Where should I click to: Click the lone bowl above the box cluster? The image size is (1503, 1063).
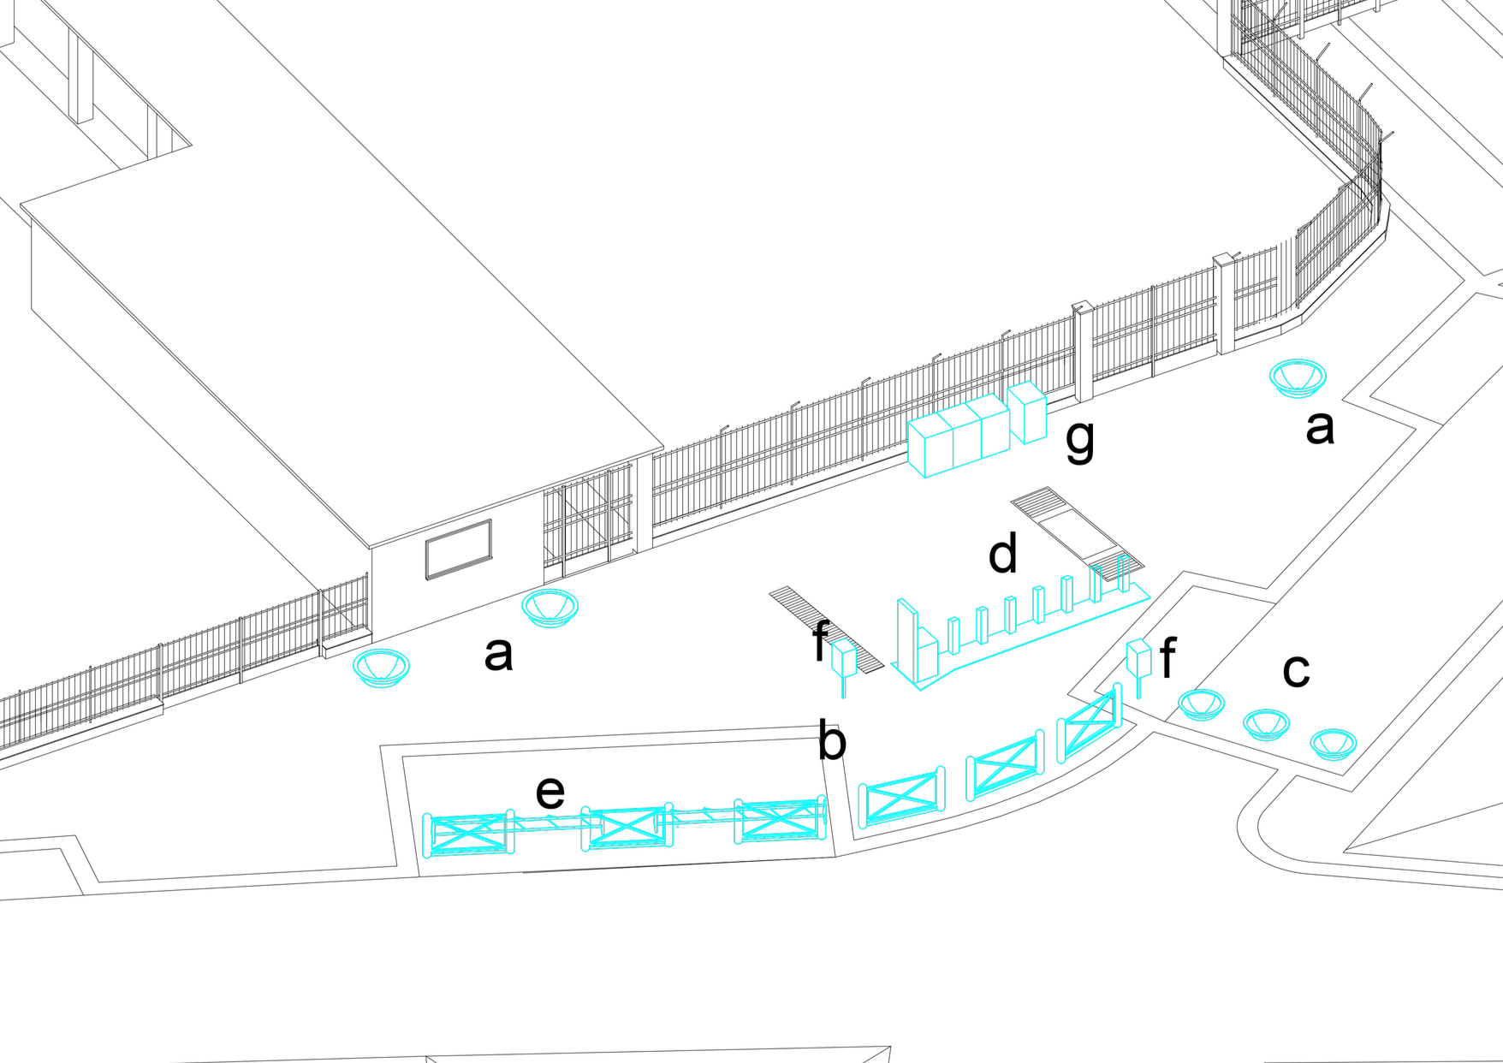[1297, 377]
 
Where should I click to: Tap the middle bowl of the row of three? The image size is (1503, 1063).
[1266, 724]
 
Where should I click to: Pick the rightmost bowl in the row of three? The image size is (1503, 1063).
[1333, 744]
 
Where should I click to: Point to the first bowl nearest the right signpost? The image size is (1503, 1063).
[1200, 704]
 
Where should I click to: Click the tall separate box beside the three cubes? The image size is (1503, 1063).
[1028, 413]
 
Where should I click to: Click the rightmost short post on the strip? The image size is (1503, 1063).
[1123, 573]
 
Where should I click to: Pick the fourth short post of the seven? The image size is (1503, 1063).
[1038, 604]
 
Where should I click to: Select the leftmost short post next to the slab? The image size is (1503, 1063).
[953, 635]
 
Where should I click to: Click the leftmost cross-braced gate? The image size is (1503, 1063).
[468, 834]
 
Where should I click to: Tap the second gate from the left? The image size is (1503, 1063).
[627, 827]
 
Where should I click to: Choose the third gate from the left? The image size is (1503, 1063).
[780, 820]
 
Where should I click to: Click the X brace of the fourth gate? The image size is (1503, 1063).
[900, 797]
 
